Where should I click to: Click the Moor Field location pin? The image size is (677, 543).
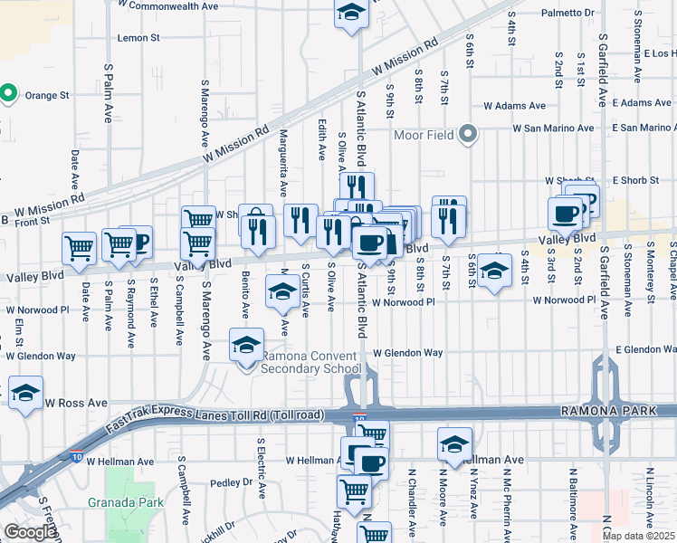tap(467, 135)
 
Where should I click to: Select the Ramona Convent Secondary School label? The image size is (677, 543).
tap(310, 362)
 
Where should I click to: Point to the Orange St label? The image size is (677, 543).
tap(47, 95)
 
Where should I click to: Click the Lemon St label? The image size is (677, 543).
tap(138, 38)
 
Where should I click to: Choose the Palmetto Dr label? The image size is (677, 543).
tap(567, 14)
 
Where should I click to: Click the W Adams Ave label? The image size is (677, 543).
tap(514, 106)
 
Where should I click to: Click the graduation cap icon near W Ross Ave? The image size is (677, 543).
tap(25, 394)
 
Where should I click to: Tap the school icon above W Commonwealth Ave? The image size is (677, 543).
tap(350, 13)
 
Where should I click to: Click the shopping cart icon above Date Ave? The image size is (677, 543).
tap(80, 246)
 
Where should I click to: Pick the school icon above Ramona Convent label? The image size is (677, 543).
tap(246, 345)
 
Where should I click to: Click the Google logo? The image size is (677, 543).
tap(30, 532)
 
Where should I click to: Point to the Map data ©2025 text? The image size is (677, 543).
tap(638, 536)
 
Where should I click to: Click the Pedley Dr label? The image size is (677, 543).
tap(223, 483)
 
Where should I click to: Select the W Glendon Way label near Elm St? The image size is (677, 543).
tap(40, 356)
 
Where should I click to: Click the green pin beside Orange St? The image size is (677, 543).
tap(8, 92)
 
